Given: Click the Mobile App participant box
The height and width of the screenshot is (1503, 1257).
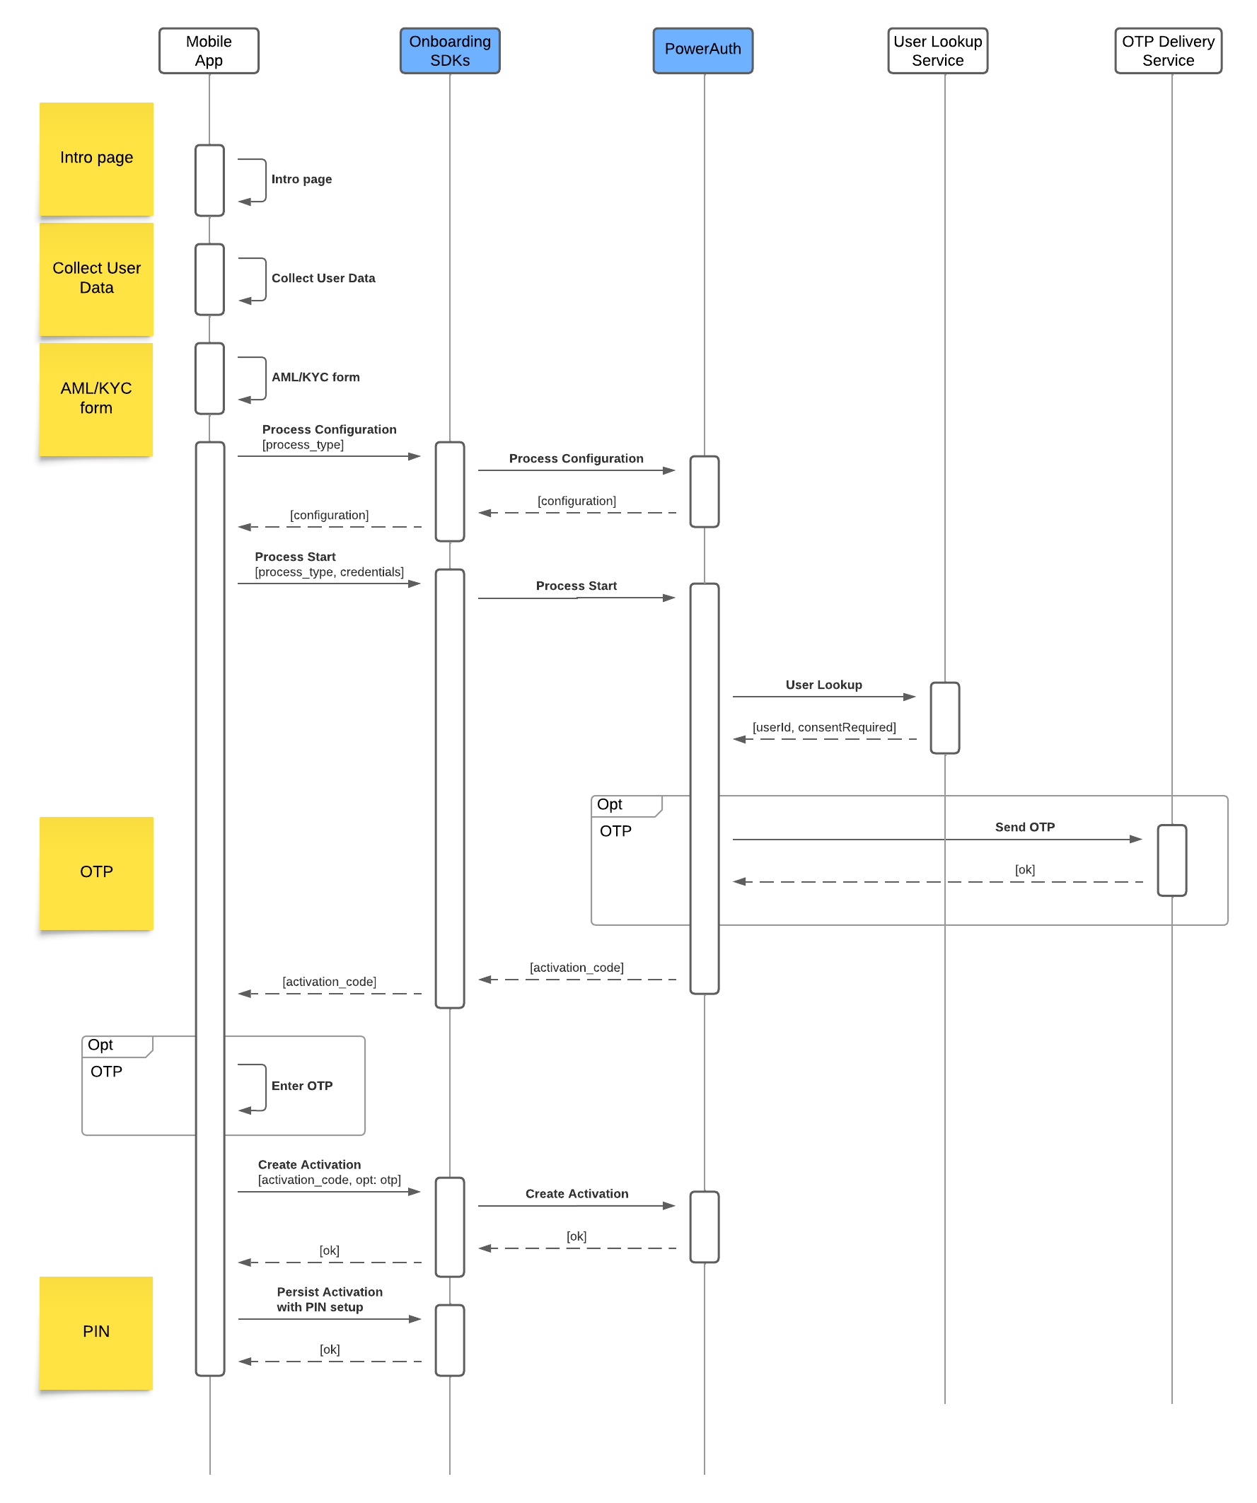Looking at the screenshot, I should (208, 51).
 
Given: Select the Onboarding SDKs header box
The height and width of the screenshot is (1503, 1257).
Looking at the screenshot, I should (450, 51).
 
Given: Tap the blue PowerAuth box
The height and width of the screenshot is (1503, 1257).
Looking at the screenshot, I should (702, 51).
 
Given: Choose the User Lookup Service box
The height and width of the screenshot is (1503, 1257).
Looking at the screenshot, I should (937, 51).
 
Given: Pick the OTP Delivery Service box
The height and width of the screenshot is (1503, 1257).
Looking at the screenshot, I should (1168, 51).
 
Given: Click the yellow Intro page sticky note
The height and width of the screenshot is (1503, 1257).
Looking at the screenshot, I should (97, 159).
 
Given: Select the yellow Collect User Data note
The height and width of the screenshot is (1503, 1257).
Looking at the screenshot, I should (97, 279).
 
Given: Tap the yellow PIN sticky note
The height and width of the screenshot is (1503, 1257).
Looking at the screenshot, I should (97, 1333).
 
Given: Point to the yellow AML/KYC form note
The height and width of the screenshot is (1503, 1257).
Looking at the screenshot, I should (97, 400).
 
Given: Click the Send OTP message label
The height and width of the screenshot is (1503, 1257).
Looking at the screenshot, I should (1024, 828).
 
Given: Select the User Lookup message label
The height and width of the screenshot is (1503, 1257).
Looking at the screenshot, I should (823, 685).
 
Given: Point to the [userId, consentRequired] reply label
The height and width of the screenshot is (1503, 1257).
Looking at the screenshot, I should (824, 727).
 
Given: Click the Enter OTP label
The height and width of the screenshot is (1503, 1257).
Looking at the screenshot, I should (302, 1086).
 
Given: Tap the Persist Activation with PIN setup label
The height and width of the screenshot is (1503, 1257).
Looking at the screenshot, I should (330, 1299).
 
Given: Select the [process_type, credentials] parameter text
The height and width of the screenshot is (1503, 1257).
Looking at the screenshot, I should (330, 572).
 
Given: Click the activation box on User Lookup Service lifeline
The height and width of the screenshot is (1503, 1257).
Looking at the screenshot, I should (945, 718).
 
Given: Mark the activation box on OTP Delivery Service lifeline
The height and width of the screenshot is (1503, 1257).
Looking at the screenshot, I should (1172, 860).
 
